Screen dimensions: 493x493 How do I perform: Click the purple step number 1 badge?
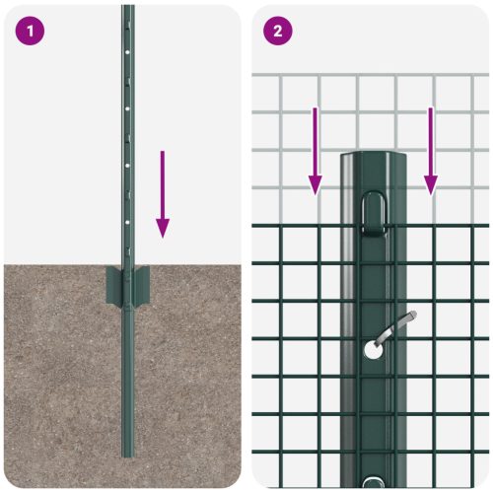(30, 30)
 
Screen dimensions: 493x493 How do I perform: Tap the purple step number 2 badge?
(277, 30)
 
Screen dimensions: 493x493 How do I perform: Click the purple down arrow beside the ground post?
(163, 193)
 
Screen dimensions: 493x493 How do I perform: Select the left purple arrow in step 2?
(315, 149)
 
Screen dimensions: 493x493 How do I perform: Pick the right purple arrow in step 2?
(430, 149)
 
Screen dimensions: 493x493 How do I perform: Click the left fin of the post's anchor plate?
(111, 286)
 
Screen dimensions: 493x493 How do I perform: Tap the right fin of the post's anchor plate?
(142, 286)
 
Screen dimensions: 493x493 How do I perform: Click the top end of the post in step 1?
(127, 8)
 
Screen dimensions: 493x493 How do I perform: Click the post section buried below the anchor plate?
(127, 375)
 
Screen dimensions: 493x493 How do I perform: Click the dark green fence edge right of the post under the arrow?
(430, 226)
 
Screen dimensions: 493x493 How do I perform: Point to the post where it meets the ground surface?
(127, 264)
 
